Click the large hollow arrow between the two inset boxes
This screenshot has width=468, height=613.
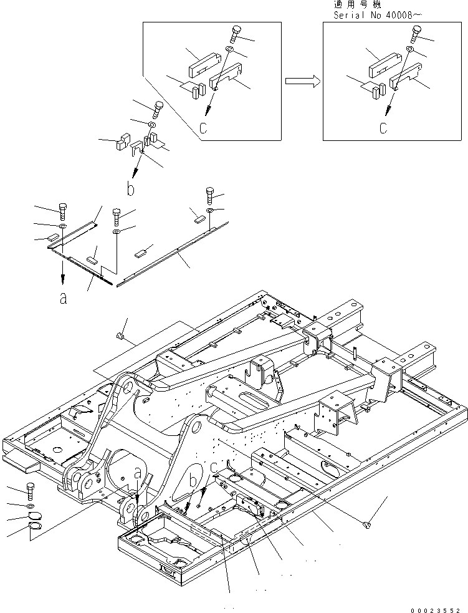click(x=302, y=80)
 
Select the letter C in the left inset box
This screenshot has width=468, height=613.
click(x=203, y=128)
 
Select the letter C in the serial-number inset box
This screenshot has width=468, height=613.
click(x=383, y=128)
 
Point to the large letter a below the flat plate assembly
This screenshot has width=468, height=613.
click(x=62, y=299)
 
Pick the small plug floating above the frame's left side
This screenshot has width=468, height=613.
click(x=121, y=337)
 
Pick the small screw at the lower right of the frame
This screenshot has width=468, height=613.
click(x=366, y=528)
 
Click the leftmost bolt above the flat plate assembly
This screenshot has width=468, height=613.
click(x=62, y=209)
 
